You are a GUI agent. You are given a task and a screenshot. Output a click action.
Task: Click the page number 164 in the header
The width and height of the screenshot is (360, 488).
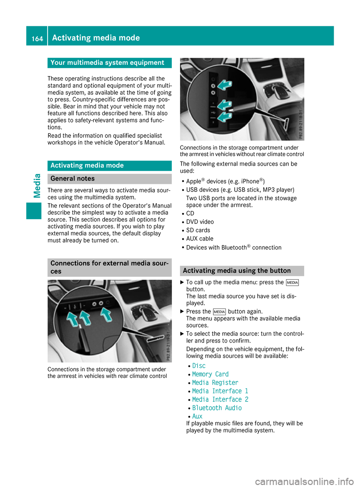pos(37,39)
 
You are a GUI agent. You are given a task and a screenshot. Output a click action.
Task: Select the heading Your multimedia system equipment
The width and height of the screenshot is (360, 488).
pos(107,63)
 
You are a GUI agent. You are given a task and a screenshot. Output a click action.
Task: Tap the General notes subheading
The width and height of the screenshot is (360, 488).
pos(72,179)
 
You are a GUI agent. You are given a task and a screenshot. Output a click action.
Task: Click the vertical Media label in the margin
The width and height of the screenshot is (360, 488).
pos(37,186)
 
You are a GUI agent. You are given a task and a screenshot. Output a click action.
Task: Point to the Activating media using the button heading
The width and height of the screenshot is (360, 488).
pos(237,271)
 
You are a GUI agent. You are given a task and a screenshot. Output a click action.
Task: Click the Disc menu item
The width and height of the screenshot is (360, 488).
pos(199,366)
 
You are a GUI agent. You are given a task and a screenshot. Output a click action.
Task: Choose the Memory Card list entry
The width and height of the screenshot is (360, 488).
pos(210,374)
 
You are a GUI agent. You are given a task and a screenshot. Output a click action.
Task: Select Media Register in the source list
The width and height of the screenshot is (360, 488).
pos(215,383)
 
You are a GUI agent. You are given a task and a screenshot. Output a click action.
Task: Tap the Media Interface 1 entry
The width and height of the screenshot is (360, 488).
pos(220,391)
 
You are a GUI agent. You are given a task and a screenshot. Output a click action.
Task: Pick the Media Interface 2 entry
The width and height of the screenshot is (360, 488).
pos(220,400)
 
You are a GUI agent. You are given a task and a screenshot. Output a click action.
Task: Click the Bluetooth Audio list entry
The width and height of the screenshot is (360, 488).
pos(217,408)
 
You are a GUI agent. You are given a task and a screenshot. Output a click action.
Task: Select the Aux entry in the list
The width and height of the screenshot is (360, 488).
pos(197,416)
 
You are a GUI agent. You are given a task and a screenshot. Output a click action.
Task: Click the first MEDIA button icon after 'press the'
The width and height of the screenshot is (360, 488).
pos(292,283)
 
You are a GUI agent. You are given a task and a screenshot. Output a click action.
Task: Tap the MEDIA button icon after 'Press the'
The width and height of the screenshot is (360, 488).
pos(219,312)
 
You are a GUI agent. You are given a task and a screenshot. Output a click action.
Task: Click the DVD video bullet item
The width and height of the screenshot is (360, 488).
pos(200,222)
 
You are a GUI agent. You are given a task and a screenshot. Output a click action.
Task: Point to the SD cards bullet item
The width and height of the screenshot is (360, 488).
pos(198,230)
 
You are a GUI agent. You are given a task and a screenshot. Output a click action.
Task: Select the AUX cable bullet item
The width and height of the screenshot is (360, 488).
pos(199,239)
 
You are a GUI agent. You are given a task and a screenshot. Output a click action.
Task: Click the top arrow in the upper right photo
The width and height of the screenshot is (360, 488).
pos(225,85)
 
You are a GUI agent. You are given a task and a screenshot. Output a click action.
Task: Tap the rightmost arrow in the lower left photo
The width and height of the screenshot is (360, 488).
pos(106,314)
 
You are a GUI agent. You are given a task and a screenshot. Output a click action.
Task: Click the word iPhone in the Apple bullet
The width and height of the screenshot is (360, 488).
pos(250,181)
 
